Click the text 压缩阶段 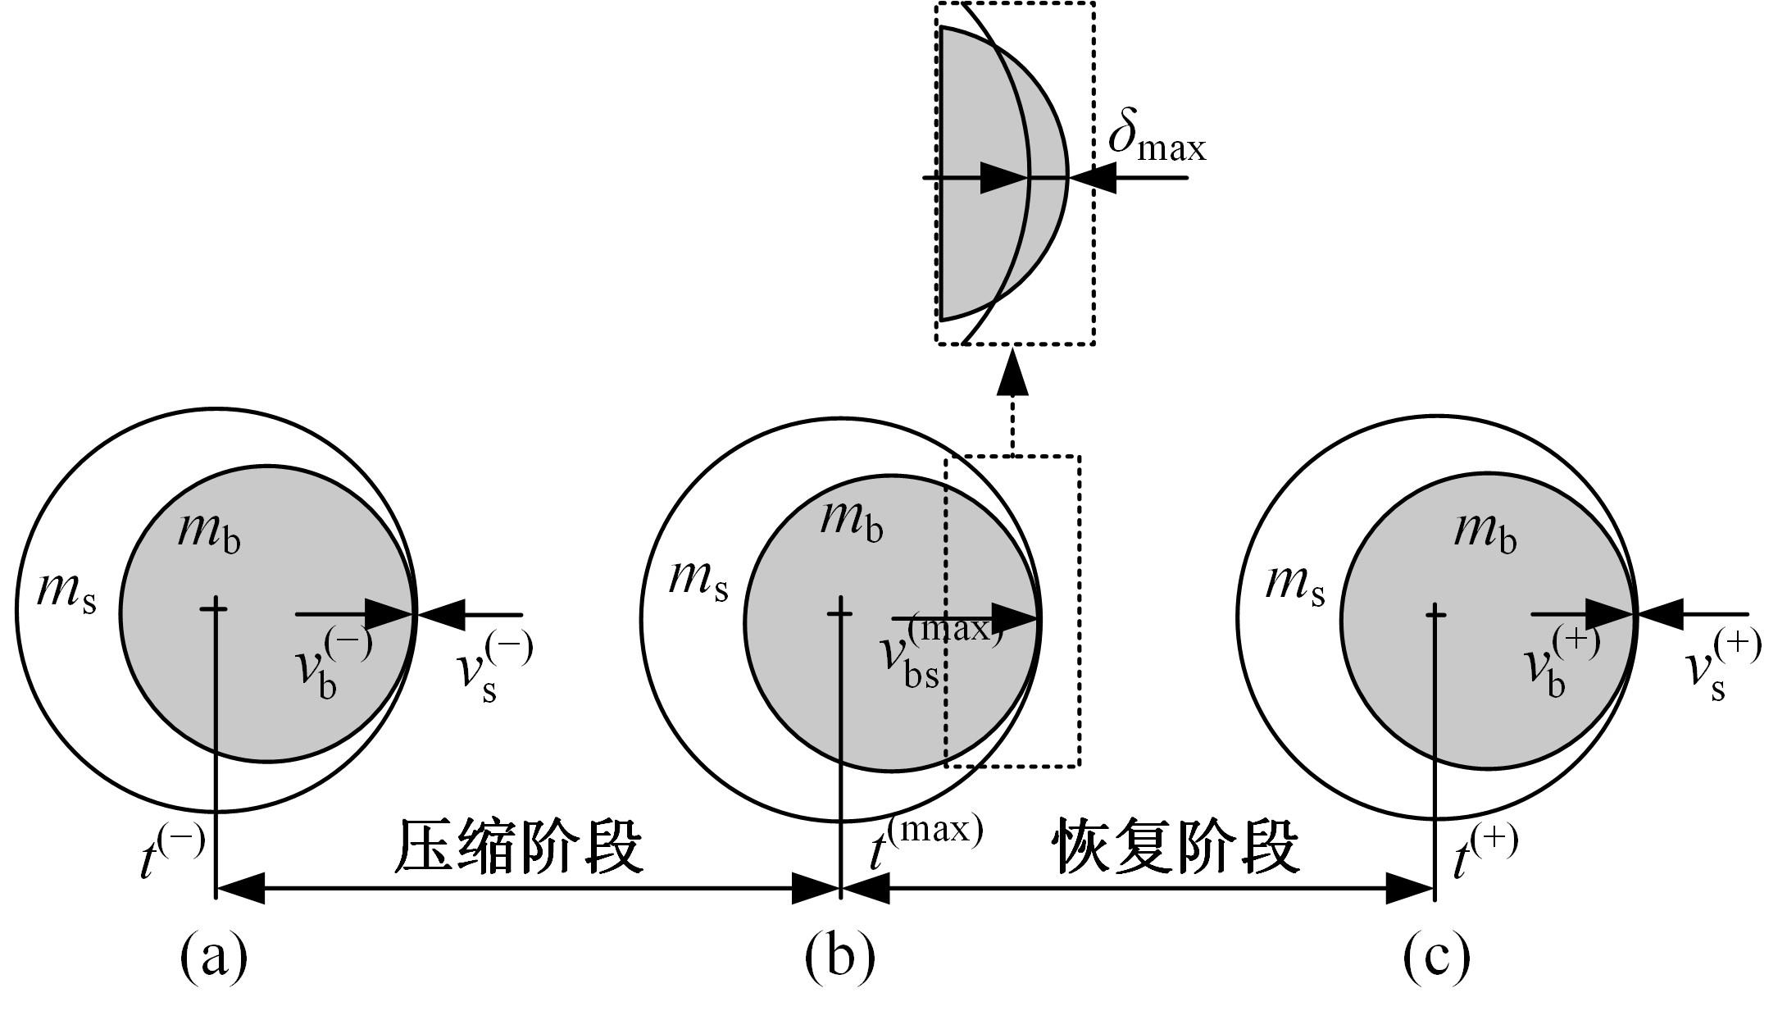pos(518,846)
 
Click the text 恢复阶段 pos(1177,846)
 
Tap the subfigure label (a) pos(213,956)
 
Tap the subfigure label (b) pos(839,956)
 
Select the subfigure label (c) pos(1436,956)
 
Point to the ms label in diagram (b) pos(698,579)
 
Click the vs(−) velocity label pos(493,666)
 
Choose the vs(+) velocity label pos(1721,666)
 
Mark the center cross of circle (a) pos(215,608)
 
